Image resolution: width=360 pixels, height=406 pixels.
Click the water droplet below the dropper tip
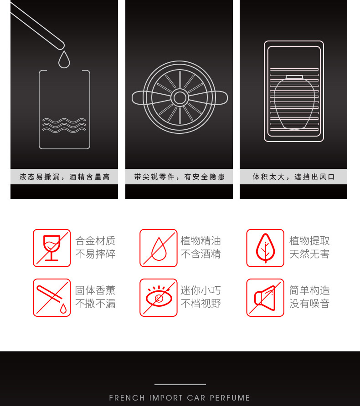pos(64,60)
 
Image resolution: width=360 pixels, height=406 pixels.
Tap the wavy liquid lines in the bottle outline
pos(64,125)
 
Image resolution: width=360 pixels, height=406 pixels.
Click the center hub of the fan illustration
pos(180,97)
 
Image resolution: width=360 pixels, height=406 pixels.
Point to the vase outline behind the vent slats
pos(294,102)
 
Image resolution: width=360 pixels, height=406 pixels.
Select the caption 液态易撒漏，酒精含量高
pos(65,177)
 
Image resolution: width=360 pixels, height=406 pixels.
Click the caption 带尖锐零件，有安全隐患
pos(180,177)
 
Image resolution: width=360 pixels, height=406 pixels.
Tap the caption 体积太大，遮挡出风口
pos(293,177)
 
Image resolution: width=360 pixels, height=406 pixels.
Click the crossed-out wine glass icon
pos(52,248)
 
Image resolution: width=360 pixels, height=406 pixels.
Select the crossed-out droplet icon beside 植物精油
pos(159,248)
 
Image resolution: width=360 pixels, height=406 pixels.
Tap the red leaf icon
pos(265,248)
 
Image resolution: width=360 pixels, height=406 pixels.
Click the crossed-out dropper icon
pos(52,298)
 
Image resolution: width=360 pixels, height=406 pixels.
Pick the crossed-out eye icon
pos(159,298)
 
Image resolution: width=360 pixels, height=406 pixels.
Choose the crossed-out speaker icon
pos(265,298)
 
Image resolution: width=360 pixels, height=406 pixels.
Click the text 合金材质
pos(95,241)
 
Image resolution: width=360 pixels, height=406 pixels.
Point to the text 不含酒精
pos(201,254)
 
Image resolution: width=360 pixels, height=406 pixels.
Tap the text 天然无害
pos(309,254)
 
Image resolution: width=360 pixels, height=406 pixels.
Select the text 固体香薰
pos(95,290)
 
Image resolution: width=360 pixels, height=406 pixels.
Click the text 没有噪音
pos(309,304)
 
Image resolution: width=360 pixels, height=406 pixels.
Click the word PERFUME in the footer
pos(230,398)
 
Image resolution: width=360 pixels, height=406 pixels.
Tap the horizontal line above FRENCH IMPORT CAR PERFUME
pos(180,384)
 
